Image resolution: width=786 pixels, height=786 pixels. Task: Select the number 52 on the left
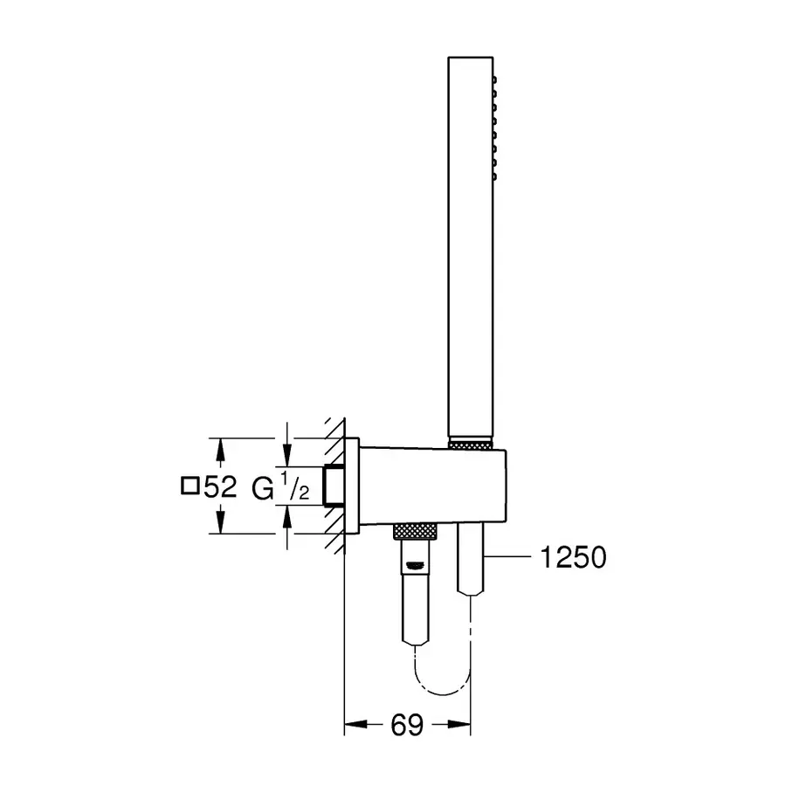[220, 486]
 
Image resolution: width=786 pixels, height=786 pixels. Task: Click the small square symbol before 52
[190, 486]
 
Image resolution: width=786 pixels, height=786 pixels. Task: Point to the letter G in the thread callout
[262, 487]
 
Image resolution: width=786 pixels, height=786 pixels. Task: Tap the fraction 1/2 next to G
[296, 487]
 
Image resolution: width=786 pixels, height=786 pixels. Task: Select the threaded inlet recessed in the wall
[333, 486]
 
